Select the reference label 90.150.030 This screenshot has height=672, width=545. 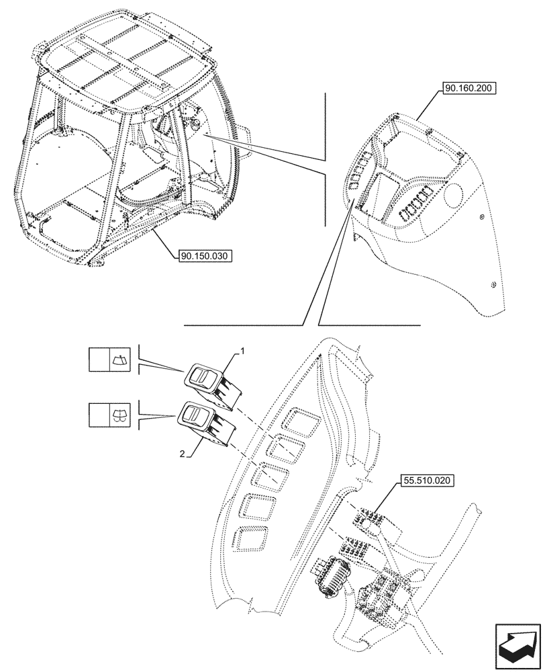click(205, 256)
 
